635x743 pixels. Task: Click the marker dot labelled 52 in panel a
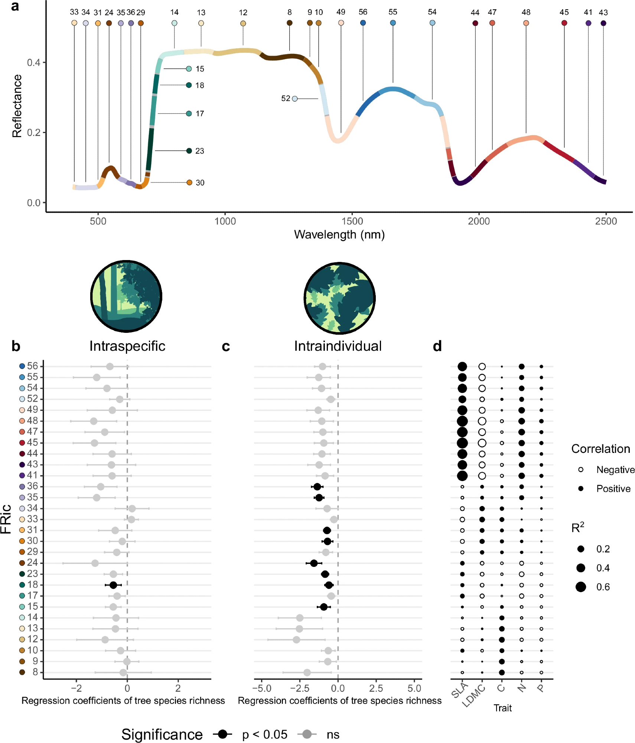click(294, 99)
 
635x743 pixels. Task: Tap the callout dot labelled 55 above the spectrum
click(393, 23)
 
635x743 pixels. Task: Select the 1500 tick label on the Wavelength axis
click(352, 221)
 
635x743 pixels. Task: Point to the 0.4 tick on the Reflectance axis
click(33, 62)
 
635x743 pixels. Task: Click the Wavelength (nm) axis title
click(339, 235)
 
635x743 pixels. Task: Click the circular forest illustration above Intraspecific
click(126, 296)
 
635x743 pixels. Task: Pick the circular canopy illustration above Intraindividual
click(339, 298)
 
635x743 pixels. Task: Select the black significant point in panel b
click(113, 585)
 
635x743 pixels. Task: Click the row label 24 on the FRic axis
click(32, 563)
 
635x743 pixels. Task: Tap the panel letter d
click(437, 346)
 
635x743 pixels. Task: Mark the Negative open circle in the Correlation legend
click(581, 470)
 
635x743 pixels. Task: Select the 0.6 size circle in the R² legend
click(581, 587)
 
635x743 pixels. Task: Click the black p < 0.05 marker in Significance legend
click(222, 734)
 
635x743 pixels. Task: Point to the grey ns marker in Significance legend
click(307, 734)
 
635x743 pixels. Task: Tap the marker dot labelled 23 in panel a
click(189, 151)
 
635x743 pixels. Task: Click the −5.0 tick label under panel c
click(262, 688)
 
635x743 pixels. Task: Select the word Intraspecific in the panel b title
click(127, 346)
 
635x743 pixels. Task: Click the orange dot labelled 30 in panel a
click(189, 183)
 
